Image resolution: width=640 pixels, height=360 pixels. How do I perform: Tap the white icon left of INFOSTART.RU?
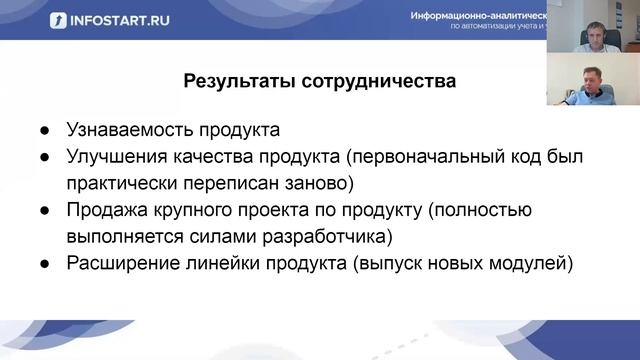(x=59, y=20)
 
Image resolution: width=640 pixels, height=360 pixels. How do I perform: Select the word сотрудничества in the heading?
(x=378, y=81)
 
